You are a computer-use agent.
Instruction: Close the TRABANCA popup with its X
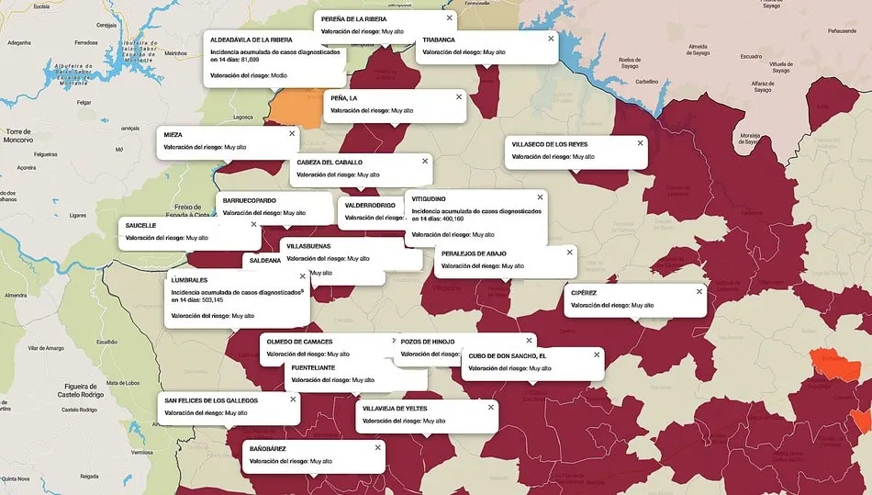pos(551,39)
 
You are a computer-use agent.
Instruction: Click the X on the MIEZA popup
pos(293,133)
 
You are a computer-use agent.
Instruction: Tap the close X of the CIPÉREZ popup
pos(699,291)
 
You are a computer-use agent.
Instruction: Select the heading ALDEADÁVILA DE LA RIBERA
pos(252,40)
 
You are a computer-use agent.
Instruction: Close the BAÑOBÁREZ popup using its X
pos(377,447)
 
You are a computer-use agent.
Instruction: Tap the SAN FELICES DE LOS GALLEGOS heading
pos(211,399)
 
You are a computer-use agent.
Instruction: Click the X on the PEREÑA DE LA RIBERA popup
pos(449,17)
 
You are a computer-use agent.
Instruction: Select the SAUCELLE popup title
pos(140,225)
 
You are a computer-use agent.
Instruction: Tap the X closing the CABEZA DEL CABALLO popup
pos(424,161)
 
